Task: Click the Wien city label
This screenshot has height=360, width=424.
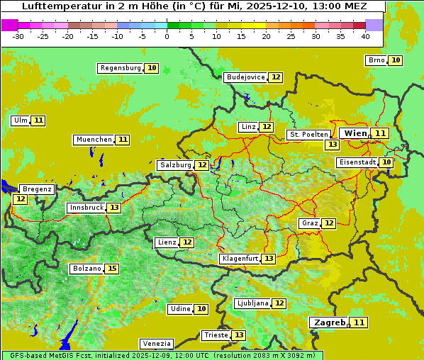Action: (x=355, y=133)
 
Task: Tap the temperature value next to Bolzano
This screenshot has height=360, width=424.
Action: (x=112, y=269)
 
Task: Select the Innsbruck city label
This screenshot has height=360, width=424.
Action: (x=85, y=208)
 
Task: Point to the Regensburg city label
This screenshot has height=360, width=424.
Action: (x=120, y=68)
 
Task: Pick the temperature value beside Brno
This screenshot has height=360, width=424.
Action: (x=395, y=60)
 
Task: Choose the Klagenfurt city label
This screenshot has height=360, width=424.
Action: (x=239, y=259)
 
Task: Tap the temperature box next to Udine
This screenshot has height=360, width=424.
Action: (x=201, y=309)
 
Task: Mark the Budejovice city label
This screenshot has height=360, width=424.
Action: (x=245, y=77)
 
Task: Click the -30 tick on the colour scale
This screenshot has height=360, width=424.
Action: (x=18, y=36)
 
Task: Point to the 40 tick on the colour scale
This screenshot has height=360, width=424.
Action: (x=365, y=36)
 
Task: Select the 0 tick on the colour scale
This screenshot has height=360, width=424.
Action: (x=167, y=36)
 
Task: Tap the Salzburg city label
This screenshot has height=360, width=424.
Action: (x=174, y=165)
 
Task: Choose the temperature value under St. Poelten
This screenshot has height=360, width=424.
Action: (x=332, y=145)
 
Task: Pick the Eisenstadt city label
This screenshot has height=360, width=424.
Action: (x=357, y=162)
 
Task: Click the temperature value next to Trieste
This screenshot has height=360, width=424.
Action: (x=239, y=335)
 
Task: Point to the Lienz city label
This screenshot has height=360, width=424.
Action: (x=167, y=242)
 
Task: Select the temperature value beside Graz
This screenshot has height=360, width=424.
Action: (x=329, y=223)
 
